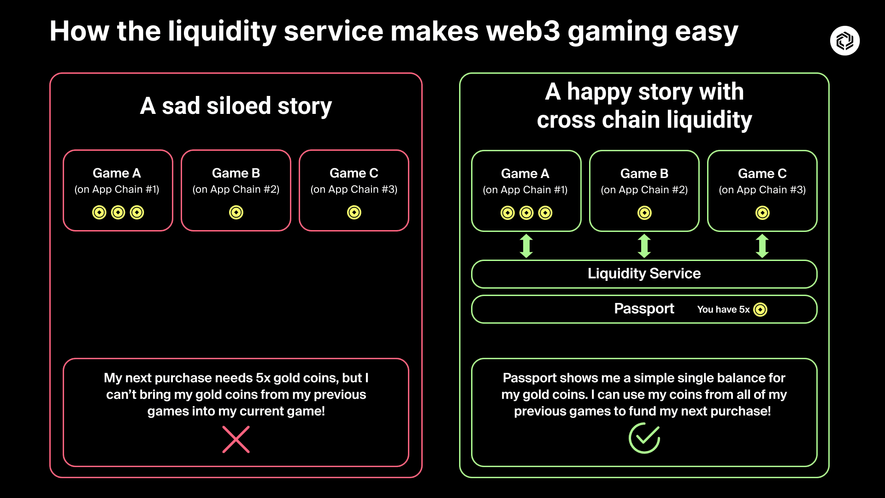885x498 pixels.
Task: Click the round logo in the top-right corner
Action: tap(844, 41)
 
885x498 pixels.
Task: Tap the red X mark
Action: tap(236, 439)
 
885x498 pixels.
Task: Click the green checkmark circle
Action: tap(644, 438)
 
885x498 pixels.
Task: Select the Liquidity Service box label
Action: tap(644, 273)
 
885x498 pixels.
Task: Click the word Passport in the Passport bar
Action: tap(644, 308)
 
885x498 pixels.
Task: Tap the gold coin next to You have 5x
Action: tap(760, 309)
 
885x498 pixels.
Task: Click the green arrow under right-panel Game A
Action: tap(526, 246)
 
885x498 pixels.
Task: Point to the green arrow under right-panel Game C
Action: tap(762, 246)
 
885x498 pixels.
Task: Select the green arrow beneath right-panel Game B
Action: tap(644, 246)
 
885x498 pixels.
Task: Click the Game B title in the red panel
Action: tap(236, 173)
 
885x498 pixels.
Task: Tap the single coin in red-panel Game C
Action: tap(354, 212)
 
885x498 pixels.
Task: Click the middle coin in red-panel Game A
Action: tap(118, 212)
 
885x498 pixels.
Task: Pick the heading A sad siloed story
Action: tap(236, 106)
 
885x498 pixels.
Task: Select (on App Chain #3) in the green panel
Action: tap(762, 190)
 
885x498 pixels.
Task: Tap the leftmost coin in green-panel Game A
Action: tap(507, 213)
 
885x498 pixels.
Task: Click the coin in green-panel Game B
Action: tap(644, 213)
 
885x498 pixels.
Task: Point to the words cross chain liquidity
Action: tap(644, 120)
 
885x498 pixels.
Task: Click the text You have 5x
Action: tap(723, 309)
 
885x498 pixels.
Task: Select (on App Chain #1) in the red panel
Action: tap(117, 190)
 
